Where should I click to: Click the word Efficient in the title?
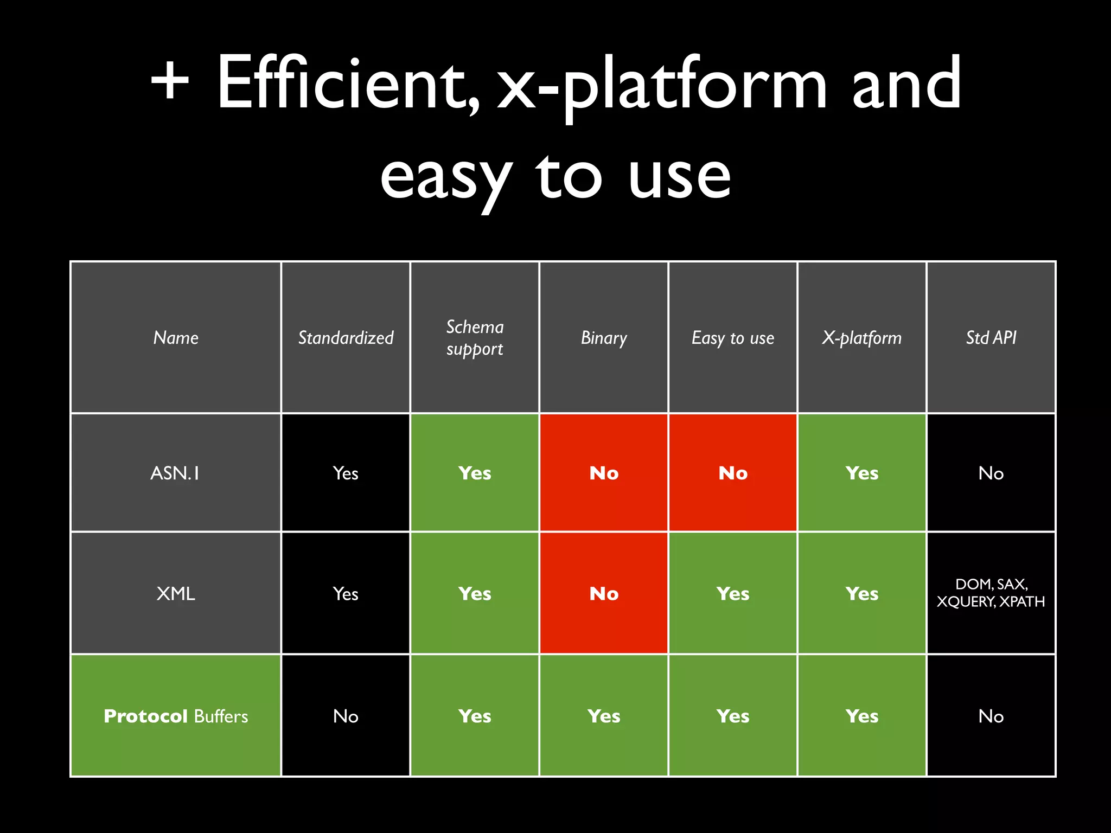point(347,84)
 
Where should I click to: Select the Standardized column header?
point(346,337)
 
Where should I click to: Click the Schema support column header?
point(475,337)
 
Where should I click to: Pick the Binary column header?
point(604,337)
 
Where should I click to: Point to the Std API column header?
point(991,337)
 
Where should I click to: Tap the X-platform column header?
point(861,337)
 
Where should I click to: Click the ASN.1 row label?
point(175,473)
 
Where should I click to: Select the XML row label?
point(175,593)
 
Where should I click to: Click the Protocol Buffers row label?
point(175,716)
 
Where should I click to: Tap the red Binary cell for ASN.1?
point(604,473)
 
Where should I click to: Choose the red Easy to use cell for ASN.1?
point(733,473)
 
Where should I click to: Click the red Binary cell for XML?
point(604,593)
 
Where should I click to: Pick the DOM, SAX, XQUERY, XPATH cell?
point(991,593)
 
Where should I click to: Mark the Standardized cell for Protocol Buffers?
point(346,716)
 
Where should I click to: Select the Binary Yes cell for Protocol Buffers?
point(604,716)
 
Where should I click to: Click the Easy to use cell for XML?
point(733,593)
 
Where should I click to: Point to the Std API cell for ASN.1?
point(991,473)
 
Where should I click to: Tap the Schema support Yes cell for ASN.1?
point(475,473)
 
